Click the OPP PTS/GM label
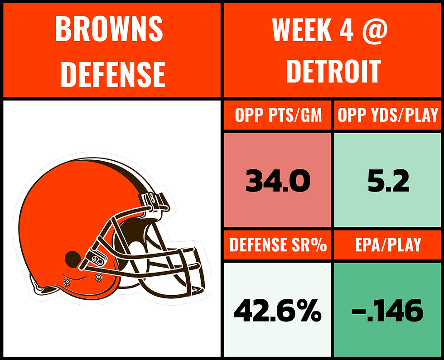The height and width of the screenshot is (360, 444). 278,116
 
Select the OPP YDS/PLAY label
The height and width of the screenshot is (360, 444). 388,116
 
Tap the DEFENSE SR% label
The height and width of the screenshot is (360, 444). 278,245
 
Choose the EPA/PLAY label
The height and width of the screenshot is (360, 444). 388,245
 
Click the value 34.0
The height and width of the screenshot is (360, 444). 278,182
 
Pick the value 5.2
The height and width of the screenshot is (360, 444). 388,182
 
